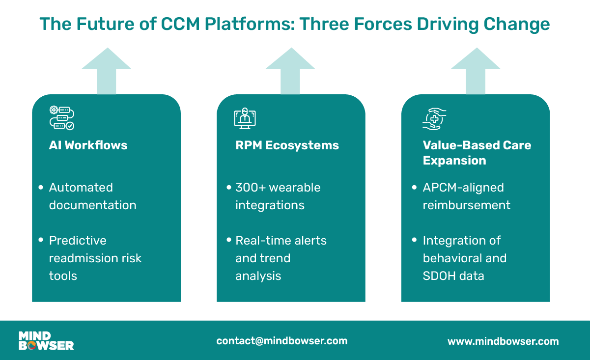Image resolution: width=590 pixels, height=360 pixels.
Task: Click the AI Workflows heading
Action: click(88, 145)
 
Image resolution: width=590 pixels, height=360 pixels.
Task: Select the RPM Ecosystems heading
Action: click(287, 145)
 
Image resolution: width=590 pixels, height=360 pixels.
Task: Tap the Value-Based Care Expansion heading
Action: click(477, 153)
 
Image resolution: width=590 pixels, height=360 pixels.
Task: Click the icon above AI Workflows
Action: click(62, 118)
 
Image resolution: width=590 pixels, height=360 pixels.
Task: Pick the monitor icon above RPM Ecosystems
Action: click(245, 118)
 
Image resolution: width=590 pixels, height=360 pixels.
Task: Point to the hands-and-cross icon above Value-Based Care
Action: click(434, 118)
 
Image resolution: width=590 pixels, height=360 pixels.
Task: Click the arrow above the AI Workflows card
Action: click(106, 70)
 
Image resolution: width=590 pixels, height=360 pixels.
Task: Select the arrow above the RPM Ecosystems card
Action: click(290, 70)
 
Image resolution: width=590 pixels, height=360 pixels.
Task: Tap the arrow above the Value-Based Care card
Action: click(476, 70)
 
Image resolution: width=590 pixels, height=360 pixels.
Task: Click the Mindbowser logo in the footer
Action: click(46, 341)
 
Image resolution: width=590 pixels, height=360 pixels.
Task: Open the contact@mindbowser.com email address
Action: click(281, 341)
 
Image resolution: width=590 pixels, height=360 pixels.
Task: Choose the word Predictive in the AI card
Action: click(78, 240)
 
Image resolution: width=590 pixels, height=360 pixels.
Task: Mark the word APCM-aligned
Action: click(463, 187)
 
